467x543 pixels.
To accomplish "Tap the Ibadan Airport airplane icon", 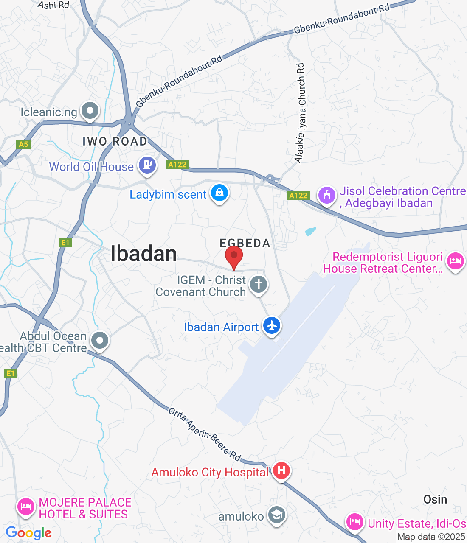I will [272, 326].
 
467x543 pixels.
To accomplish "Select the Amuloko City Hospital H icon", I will [281, 470].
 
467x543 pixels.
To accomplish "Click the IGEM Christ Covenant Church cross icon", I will [259, 284].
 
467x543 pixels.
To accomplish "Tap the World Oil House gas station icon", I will [147, 165].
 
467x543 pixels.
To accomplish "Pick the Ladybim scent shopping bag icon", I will [219, 193].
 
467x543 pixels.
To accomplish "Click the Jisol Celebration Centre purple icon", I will [327, 196].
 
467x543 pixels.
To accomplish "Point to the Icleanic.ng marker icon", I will [90, 111].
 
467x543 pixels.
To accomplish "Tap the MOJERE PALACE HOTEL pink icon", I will [25, 507].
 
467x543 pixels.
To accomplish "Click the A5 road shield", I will [23, 144].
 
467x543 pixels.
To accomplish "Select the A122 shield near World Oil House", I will [177, 165].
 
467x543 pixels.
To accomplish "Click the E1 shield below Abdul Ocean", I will [10, 373].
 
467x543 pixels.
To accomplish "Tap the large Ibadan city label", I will [143, 254].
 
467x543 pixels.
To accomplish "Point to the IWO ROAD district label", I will [115, 141].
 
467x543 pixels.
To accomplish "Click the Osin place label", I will [435, 499].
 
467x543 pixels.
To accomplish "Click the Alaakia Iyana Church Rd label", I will [301, 113].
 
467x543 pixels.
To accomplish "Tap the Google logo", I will [28, 533].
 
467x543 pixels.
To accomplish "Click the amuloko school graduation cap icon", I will [276, 515].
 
